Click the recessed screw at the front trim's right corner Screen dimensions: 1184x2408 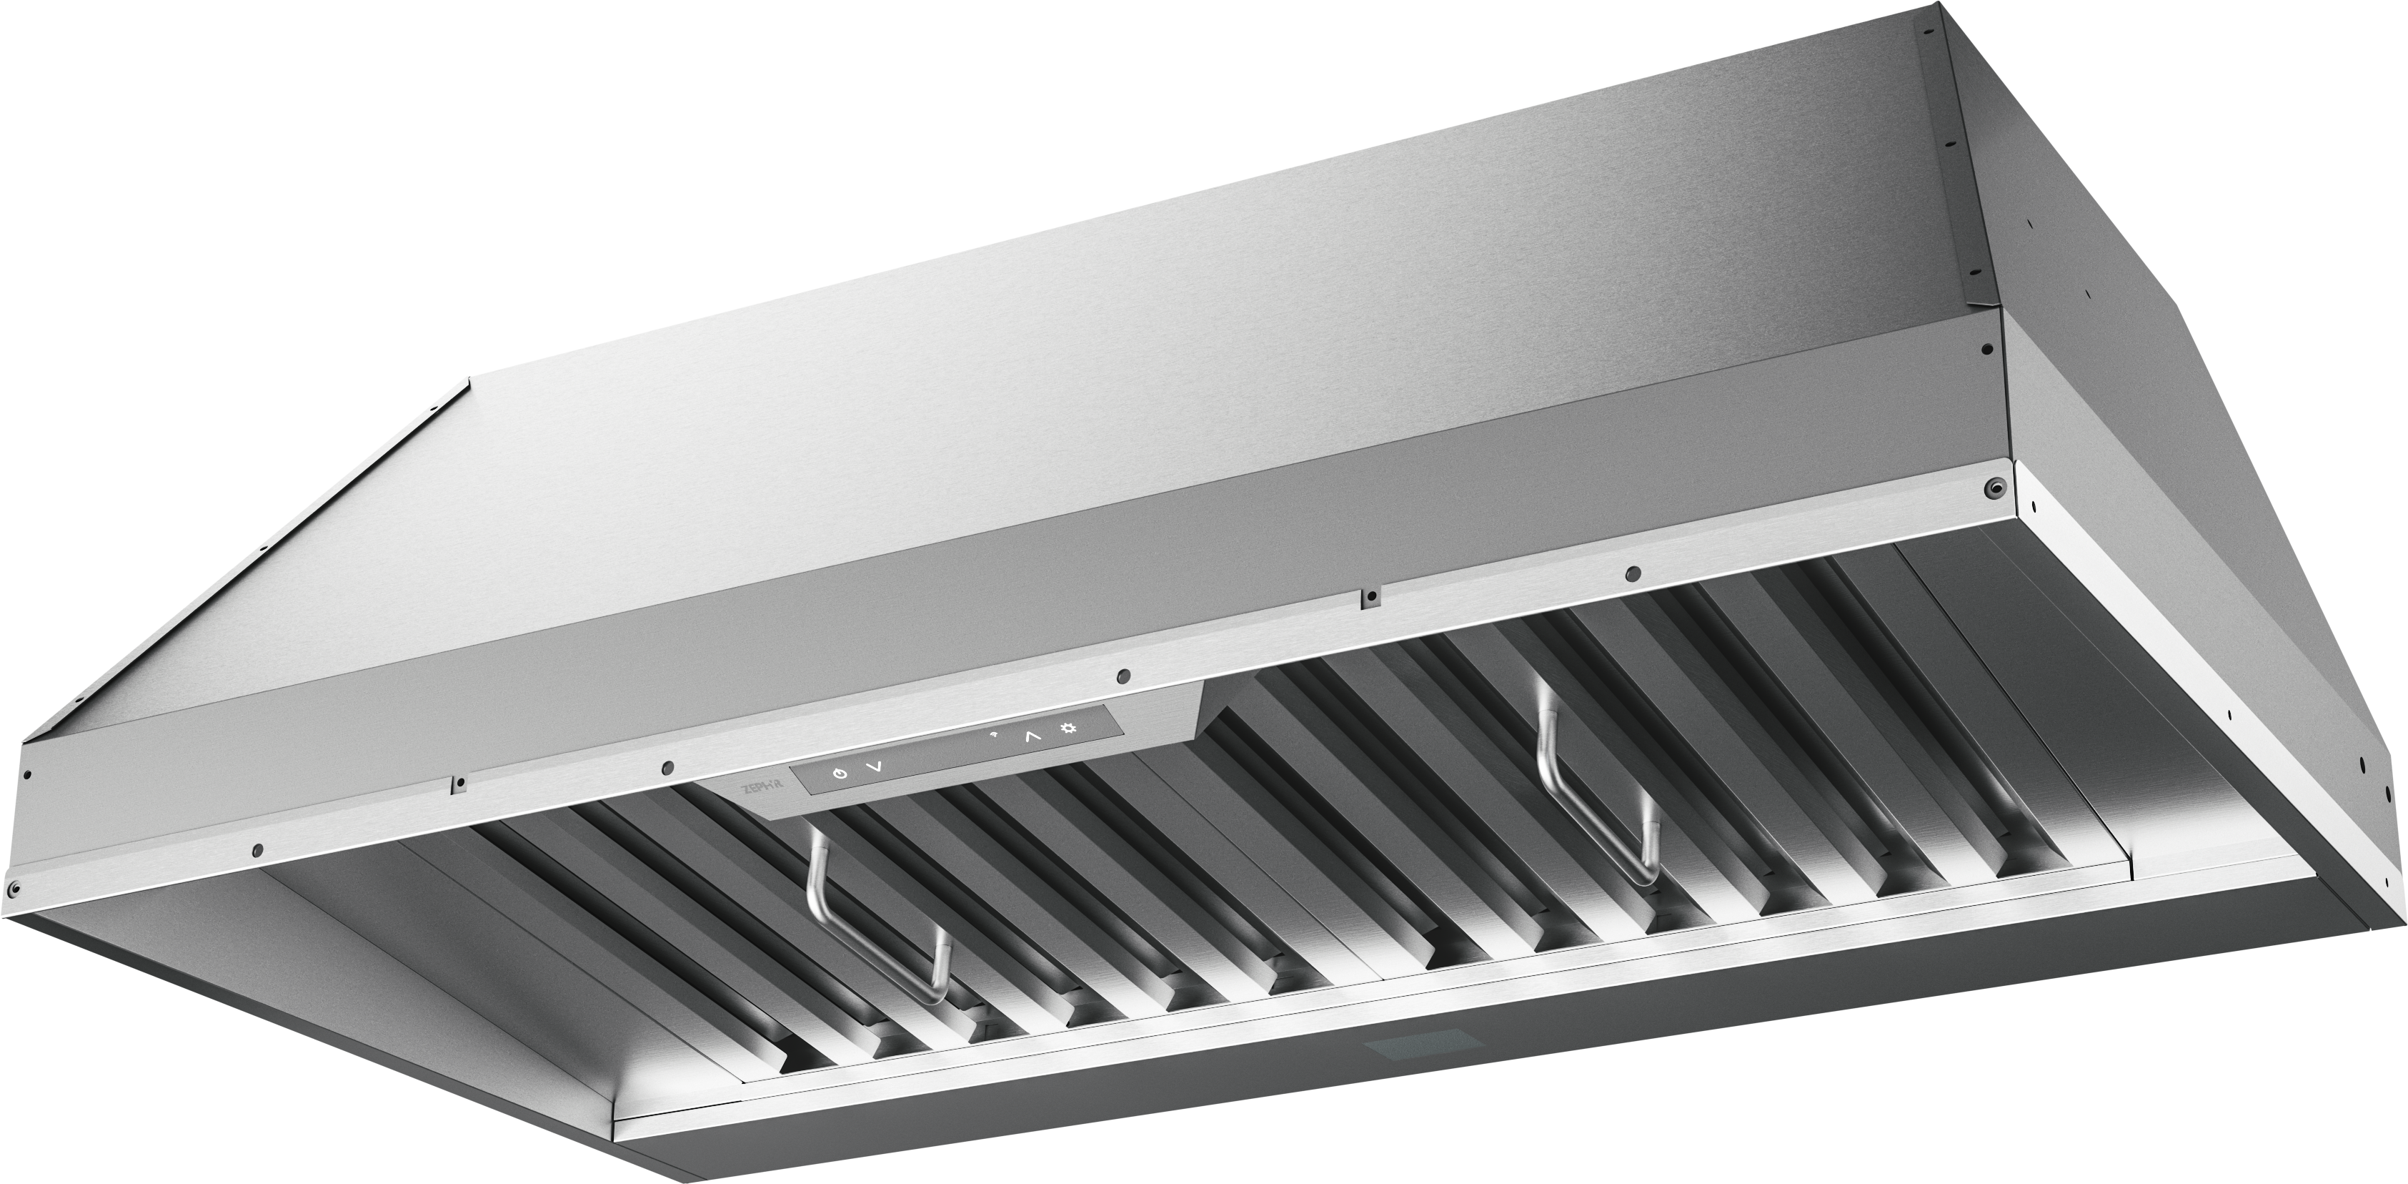(1993, 485)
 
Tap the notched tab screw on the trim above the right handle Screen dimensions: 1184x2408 (1370, 595)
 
